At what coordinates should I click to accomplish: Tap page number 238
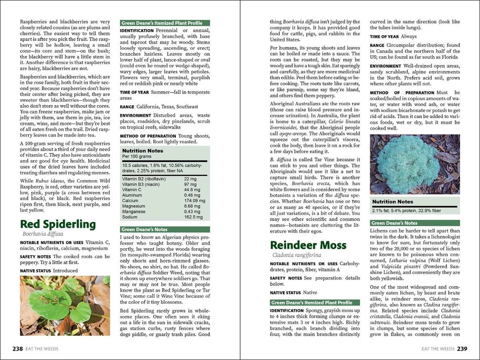[17, 348]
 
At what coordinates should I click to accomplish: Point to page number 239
[462, 348]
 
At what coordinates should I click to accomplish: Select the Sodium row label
[130, 217]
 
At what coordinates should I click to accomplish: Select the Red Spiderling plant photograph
[65, 306]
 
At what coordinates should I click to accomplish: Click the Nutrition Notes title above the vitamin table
[142, 150]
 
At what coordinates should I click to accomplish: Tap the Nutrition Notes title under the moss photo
[392, 202]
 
